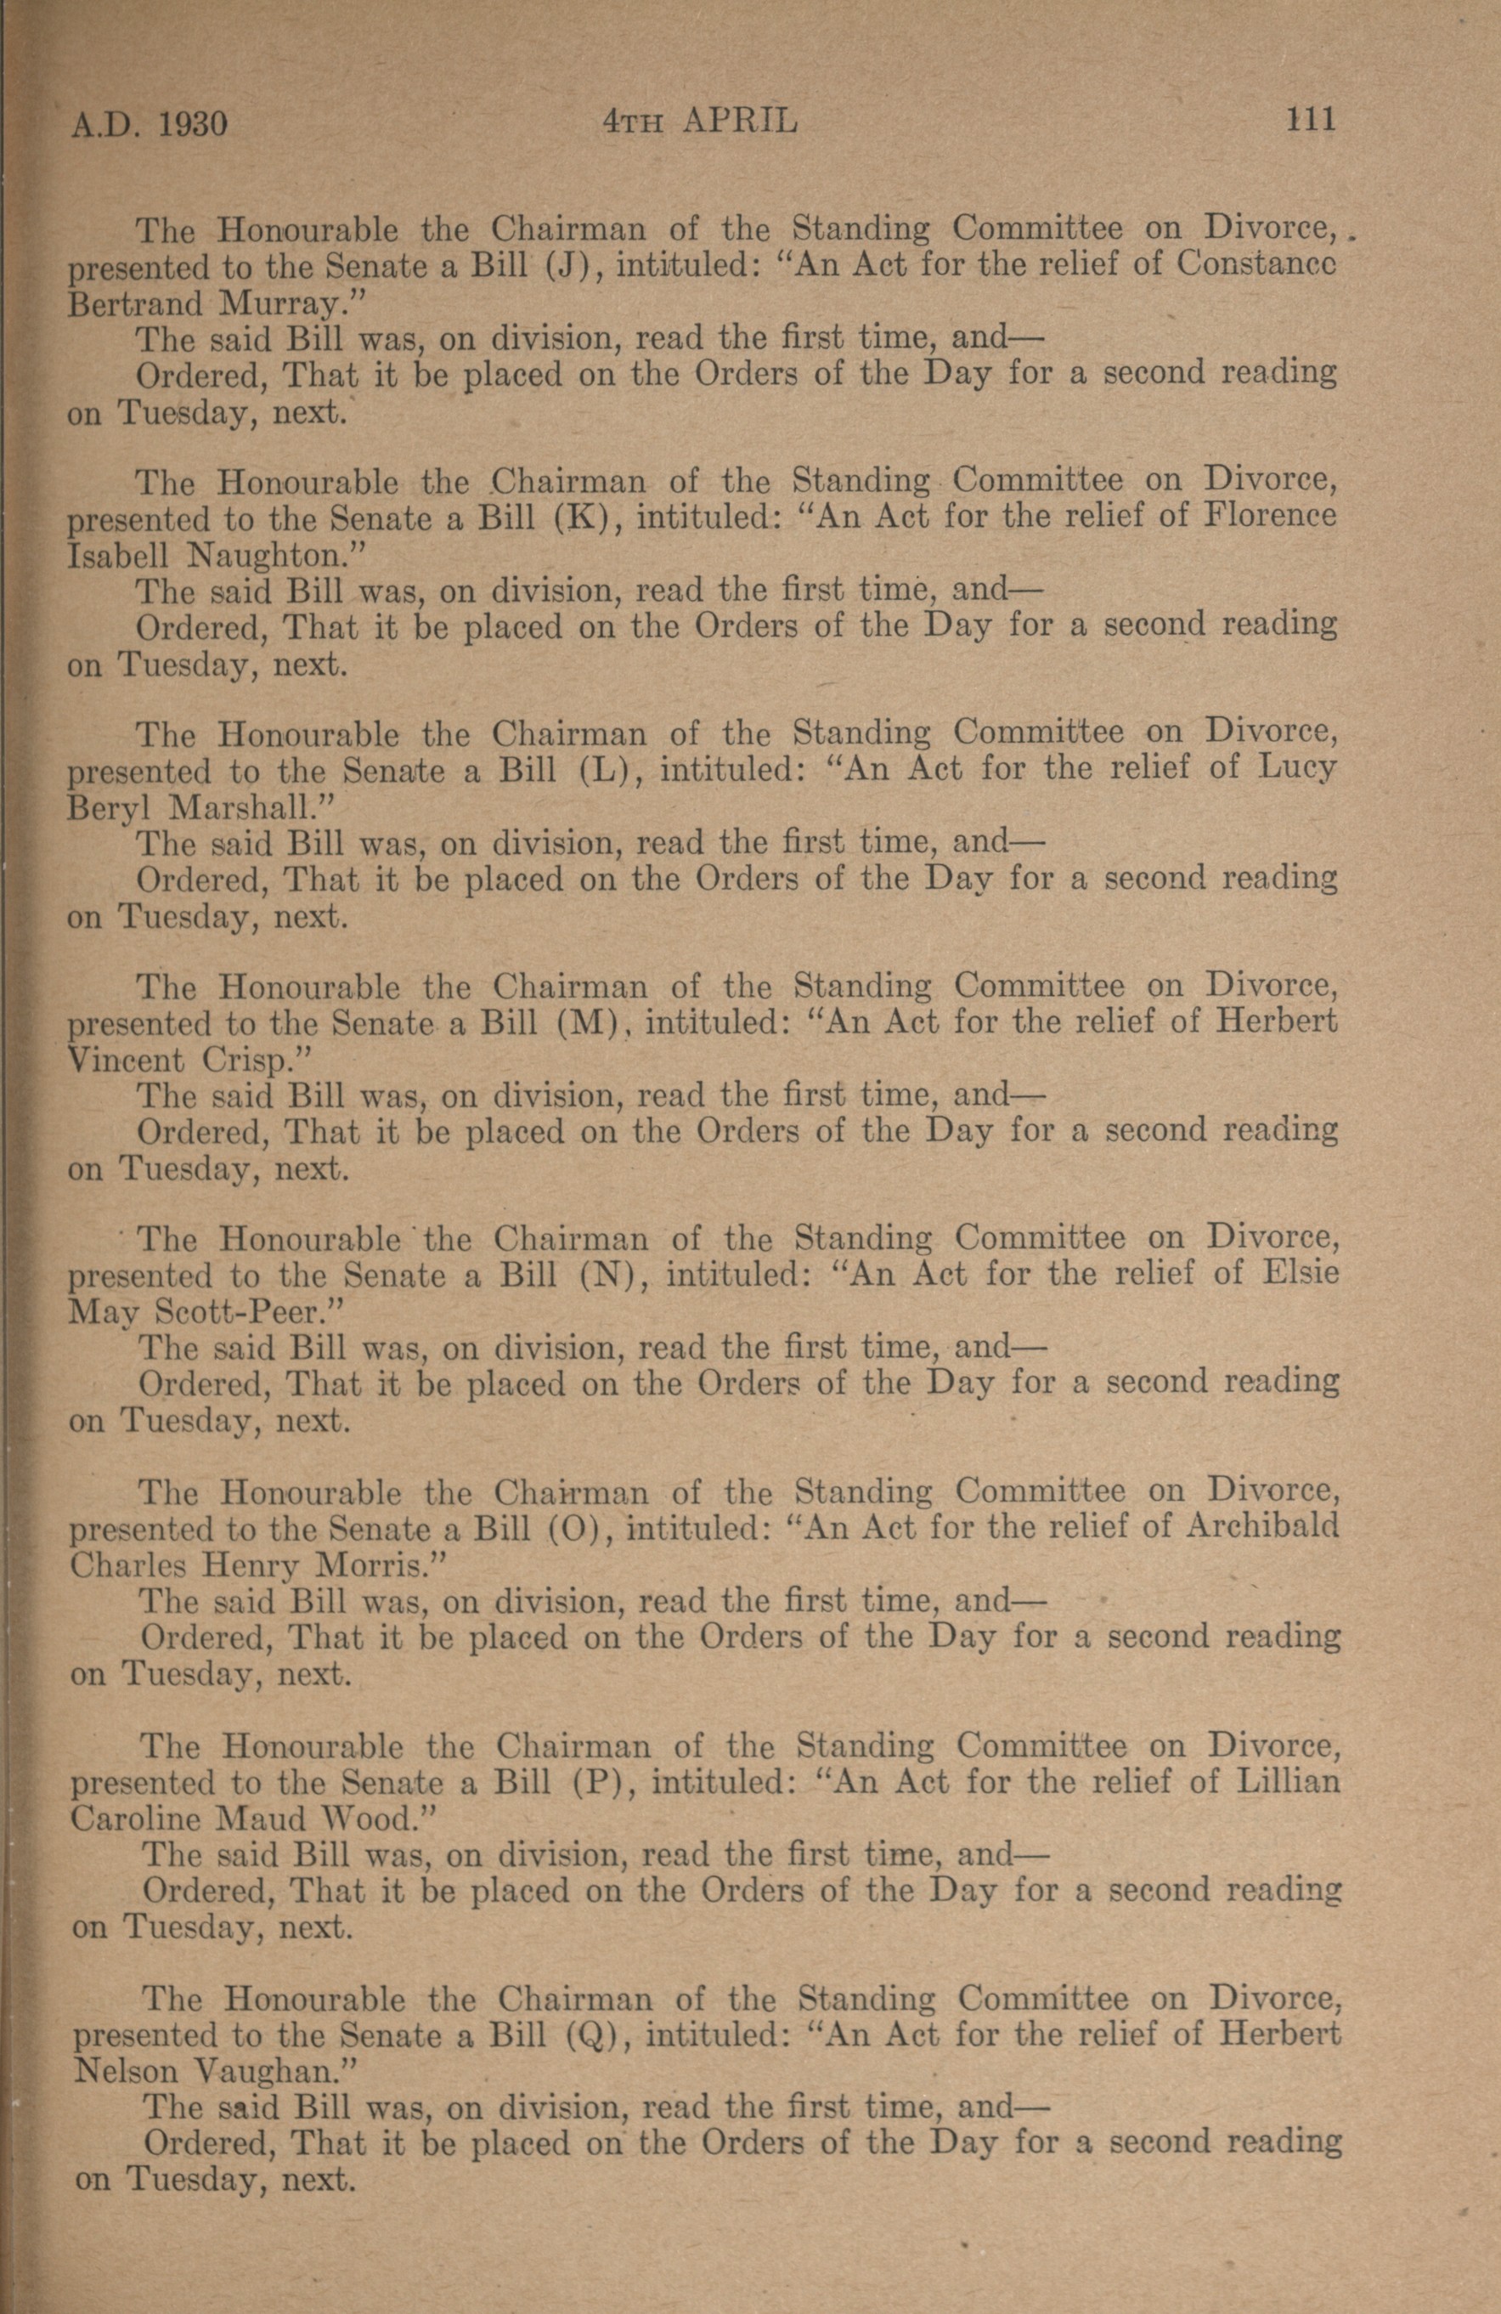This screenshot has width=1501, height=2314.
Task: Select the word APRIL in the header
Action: click(x=740, y=121)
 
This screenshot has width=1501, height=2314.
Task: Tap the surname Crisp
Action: click(x=257, y=1061)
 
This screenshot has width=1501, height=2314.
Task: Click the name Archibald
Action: click(x=1263, y=1525)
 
